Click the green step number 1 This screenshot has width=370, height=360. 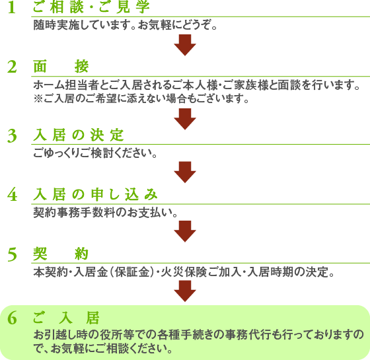pos(12,7)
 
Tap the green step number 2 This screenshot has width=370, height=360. pos(12,67)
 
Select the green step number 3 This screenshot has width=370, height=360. pos(12,136)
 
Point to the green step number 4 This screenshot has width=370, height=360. pos(12,195)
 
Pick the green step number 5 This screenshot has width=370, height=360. pos(12,254)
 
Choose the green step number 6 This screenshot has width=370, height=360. pos(12,318)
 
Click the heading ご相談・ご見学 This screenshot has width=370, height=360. pos(91,7)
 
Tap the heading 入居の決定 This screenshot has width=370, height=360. pos(79,135)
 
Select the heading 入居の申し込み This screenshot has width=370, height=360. pos(95,194)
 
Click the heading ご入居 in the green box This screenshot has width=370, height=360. pos(66,318)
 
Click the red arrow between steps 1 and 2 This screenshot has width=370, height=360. pos(185,45)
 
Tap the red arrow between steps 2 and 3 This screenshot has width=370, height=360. pos(185,119)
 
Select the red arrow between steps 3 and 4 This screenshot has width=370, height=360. pos(185,172)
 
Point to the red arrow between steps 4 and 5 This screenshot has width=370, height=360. pos(185,231)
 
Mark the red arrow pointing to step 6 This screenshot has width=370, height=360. pos(185,291)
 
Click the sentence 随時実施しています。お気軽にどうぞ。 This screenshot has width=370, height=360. pos(125,25)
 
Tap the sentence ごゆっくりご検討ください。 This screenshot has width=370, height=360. pos(95,153)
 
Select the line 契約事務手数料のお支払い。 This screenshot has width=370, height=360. pos(105,213)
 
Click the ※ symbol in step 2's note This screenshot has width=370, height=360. pos(38,98)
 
